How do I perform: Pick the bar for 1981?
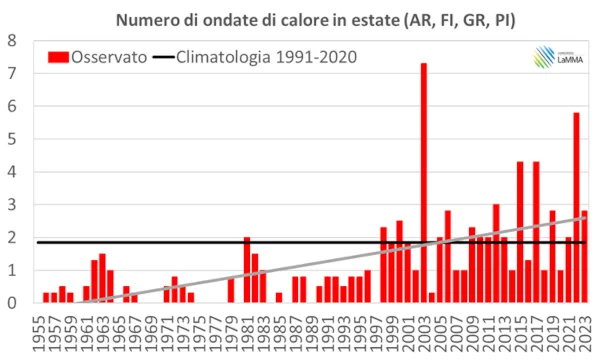(247, 270)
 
